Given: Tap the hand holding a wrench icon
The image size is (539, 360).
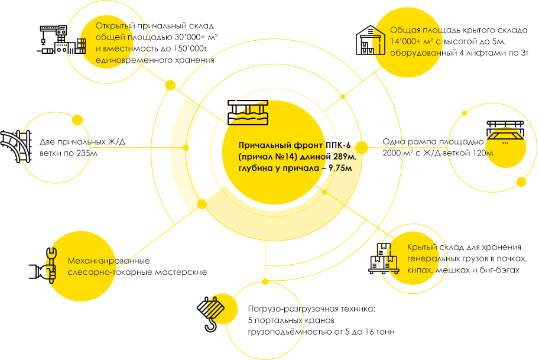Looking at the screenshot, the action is [43, 265].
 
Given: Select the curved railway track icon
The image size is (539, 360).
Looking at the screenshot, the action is [16, 147].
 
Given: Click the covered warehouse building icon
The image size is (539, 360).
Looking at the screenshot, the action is [370, 40].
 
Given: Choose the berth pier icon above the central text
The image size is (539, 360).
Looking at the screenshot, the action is [248, 112].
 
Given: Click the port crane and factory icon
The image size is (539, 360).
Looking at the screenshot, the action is [61, 40].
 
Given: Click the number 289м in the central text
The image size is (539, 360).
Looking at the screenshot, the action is [344, 157].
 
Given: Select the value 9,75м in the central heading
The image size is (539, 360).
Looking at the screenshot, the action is [340, 168].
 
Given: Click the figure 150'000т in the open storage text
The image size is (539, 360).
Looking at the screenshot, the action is [190, 48].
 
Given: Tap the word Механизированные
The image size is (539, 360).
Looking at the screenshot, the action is [109, 261].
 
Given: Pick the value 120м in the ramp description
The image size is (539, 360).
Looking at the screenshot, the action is [483, 153].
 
